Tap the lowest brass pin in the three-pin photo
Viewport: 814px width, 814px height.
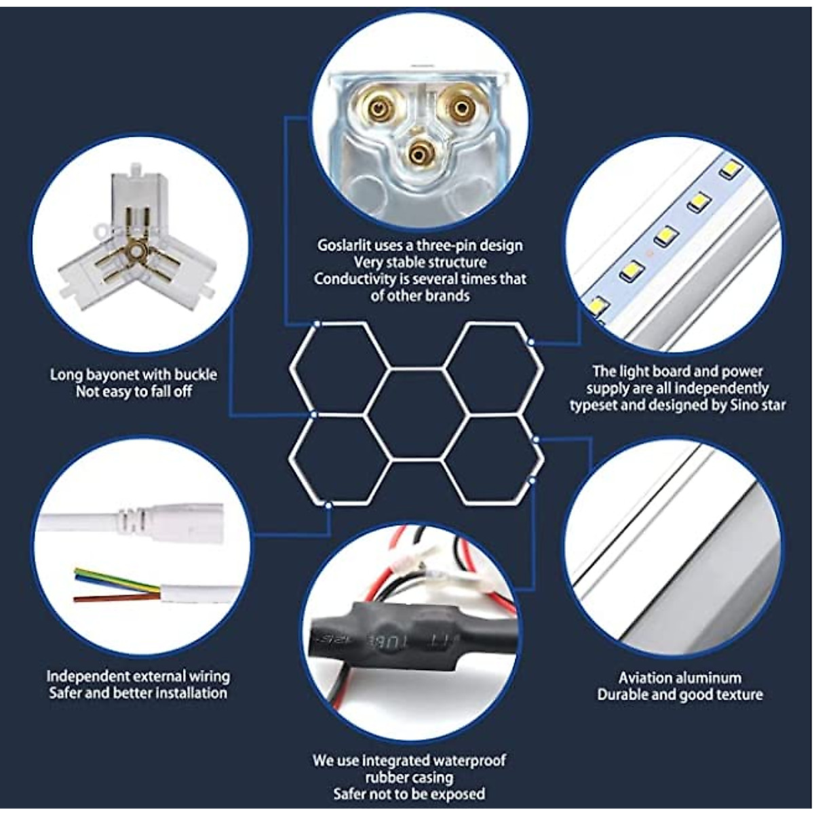(419, 155)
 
